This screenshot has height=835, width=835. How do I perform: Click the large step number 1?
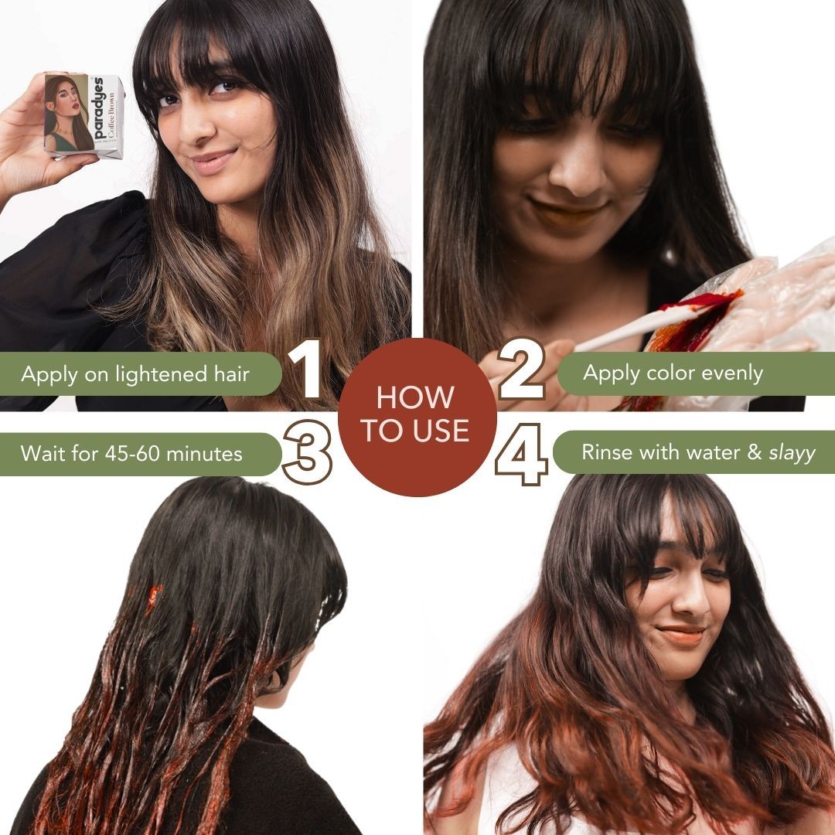(x=309, y=373)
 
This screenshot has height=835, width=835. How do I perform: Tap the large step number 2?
(x=523, y=373)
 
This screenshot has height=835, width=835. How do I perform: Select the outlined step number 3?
(x=308, y=452)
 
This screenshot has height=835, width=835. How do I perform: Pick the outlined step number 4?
(x=521, y=453)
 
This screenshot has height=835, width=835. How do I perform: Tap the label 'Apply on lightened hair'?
(x=135, y=375)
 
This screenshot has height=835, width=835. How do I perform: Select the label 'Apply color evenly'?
(x=673, y=373)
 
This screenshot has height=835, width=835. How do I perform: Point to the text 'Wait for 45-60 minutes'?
(x=131, y=453)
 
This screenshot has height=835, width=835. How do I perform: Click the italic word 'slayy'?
(x=792, y=453)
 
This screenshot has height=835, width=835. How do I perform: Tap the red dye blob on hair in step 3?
(x=154, y=599)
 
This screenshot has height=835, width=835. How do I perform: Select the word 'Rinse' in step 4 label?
(x=607, y=452)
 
